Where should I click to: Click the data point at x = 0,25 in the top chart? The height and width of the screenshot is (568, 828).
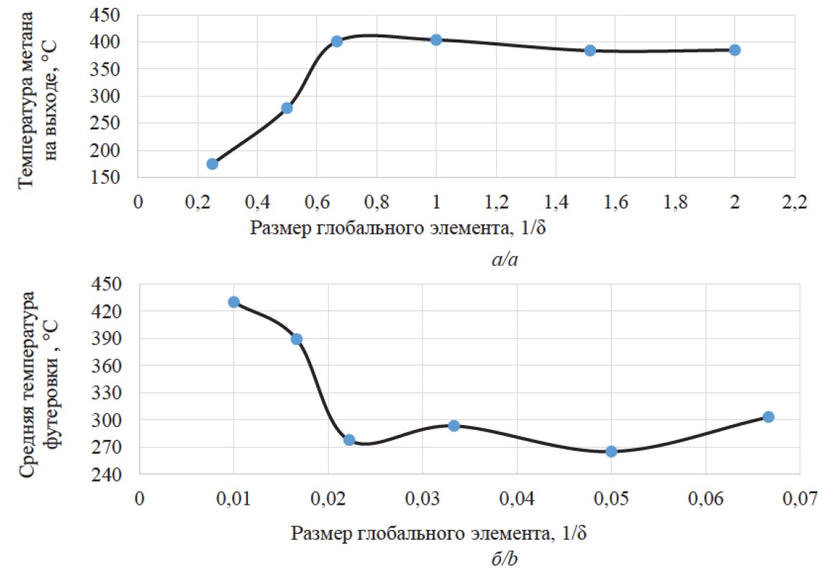[212, 164]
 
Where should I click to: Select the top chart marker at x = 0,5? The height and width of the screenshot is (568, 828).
[287, 108]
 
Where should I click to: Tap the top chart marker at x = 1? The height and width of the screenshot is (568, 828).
[436, 40]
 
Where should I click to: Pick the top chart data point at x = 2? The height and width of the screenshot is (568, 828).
[735, 50]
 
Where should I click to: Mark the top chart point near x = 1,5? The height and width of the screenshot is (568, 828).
[590, 50]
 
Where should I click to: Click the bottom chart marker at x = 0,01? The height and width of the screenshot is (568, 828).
[234, 302]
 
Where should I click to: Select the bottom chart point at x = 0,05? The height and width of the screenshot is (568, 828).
[612, 452]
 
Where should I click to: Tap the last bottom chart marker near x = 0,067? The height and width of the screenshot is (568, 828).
[768, 417]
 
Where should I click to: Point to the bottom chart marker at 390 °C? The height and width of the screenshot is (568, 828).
[296, 339]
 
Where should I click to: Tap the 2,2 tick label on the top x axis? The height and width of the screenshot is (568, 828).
[794, 202]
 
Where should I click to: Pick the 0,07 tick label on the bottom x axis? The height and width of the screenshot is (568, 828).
[800, 498]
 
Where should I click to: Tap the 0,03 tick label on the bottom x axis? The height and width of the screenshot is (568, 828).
[422, 498]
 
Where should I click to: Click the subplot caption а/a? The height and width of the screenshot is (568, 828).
[505, 260]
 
